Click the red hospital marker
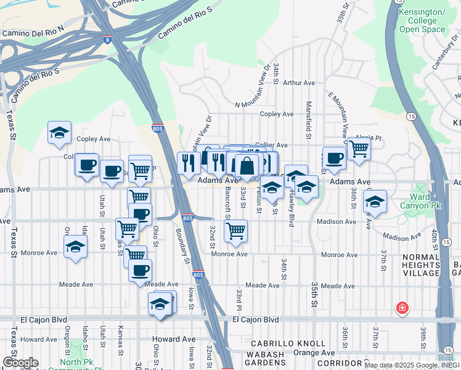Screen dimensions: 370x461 click(x=402, y=307)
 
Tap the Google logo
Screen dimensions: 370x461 click(x=20, y=363)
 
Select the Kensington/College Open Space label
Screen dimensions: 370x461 click(x=422, y=20)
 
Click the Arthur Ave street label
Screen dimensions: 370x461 click(x=299, y=83)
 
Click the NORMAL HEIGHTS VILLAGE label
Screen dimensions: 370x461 click(x=421, y=265)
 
